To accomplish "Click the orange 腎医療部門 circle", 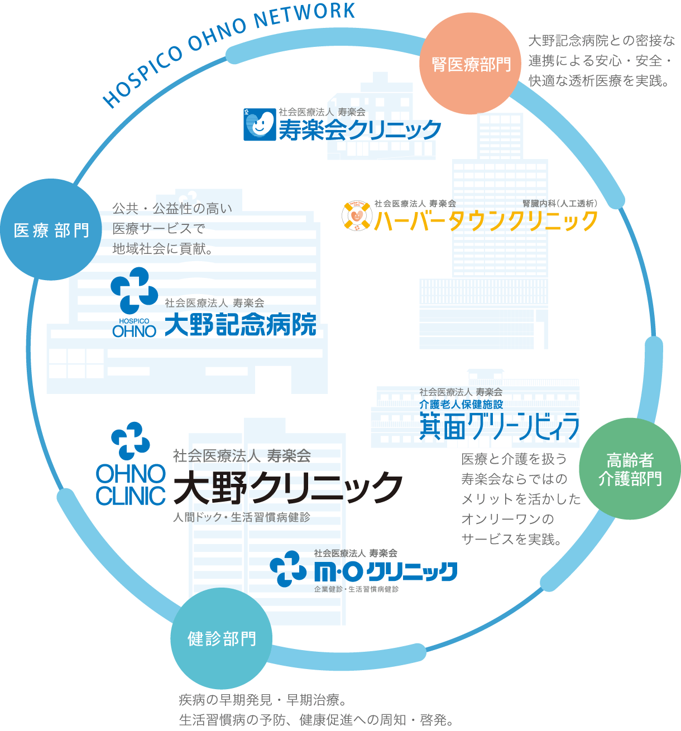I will click(x=471, y=64).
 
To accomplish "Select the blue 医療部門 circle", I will click(x=51, y=229).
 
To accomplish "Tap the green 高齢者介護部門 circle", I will click(x=630, y=469).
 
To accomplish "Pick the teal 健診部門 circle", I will click(x=222, y=638).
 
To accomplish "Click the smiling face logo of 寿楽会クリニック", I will click(x=260, y=124).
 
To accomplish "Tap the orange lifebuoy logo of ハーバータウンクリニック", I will click(x=356, y=217).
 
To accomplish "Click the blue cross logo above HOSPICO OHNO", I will click(x=134, y=290).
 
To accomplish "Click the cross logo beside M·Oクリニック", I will click(x=288, y=569).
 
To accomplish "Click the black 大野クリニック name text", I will click(x=288, y=487).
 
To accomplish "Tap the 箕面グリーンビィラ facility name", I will click(x=499, y=427).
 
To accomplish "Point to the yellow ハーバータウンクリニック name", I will click(x=486, y=221).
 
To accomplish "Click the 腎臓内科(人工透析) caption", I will click(x=559, y=204).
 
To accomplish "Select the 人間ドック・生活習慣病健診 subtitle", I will click(x=242, y=518).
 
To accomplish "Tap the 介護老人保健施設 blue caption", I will click(x=461, y=404).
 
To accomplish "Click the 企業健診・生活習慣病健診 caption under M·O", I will click(x=356, y=589).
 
